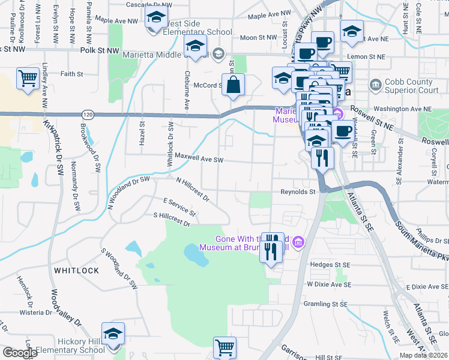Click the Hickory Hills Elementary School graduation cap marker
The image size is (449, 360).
click(112, 334)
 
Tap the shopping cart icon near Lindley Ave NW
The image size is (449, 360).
click(28, 78)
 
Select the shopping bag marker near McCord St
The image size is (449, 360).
click(235, 84)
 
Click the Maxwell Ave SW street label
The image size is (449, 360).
click(195, 160)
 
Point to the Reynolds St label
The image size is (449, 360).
click(298, 192)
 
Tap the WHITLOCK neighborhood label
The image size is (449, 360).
click(76, 271)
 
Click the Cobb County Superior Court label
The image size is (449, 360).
click(412, 86)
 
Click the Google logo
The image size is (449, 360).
click(20, 353)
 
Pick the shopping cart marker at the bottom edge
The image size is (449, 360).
click(224, 346)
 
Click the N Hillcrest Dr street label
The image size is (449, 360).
click(192, 188)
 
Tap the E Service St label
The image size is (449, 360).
click(179, 207)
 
